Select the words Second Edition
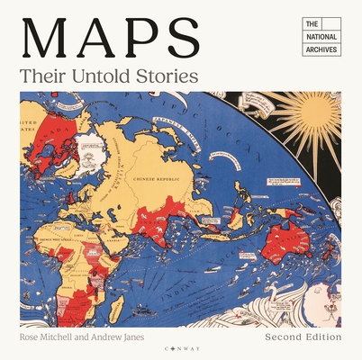(x=303, y=337)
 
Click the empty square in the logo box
(x=330, y=24)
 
